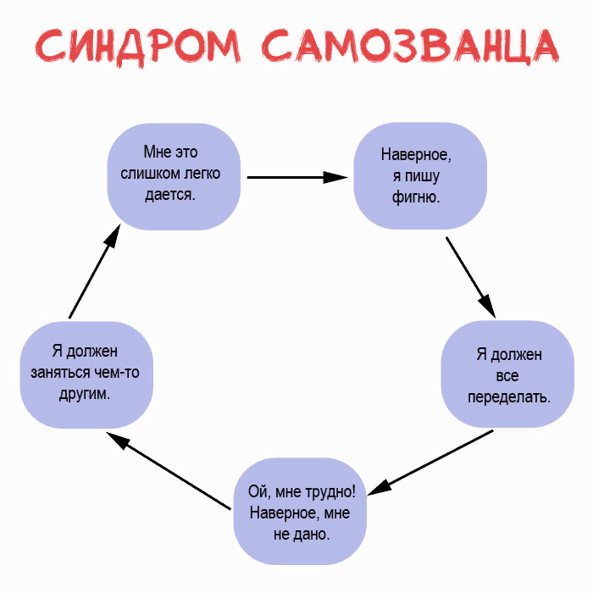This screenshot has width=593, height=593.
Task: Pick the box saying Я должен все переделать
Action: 508,374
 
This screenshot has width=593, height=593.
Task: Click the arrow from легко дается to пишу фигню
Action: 296,177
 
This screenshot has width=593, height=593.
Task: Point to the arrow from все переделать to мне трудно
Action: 432,461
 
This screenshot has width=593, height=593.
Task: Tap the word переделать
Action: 508,396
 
